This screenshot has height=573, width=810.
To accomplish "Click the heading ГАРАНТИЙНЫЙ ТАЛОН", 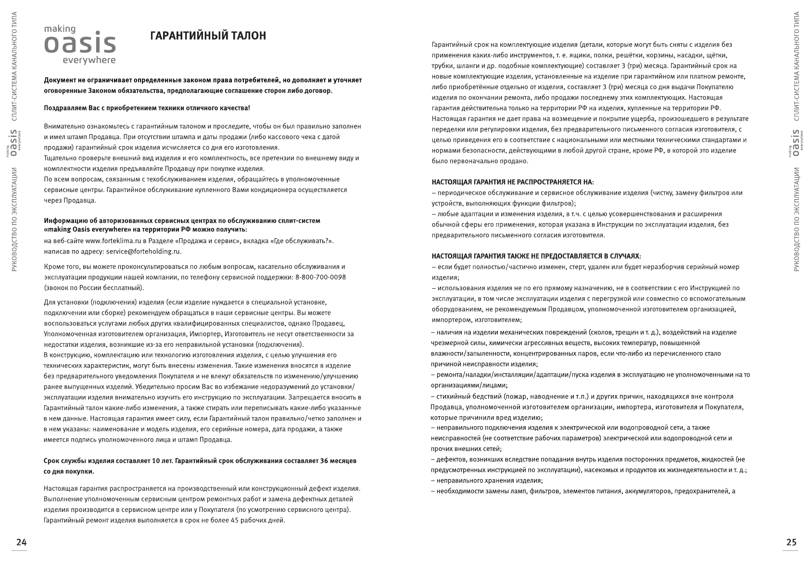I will point(208,36).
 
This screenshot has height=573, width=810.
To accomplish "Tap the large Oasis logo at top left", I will point(80,44).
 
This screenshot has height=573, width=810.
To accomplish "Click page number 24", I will point(22,542).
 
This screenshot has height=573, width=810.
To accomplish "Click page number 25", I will point(791,542).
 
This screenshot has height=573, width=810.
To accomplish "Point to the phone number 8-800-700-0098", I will point(320,277).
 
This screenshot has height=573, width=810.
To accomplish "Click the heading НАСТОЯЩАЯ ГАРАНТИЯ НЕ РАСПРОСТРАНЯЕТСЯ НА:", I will point(512,182).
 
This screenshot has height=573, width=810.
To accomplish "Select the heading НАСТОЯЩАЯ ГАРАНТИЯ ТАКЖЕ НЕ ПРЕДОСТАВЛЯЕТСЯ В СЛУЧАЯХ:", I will point(536,256).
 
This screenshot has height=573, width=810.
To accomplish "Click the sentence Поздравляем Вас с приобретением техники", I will point(147,108).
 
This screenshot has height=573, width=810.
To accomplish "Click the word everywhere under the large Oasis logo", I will point(89,60).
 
